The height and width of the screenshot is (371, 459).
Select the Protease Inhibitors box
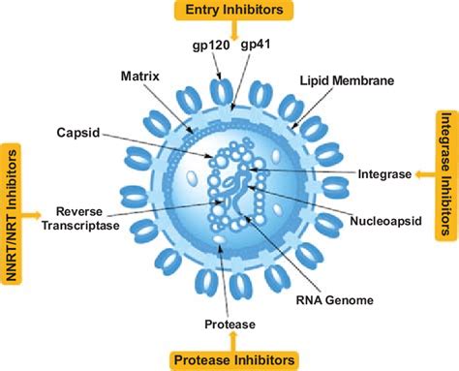[x=233, y=359]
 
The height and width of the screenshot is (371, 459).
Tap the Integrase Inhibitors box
[x=445, y=173]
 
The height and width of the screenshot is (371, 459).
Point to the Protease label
[x=229, y=323]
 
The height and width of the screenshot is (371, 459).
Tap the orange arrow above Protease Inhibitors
[x=232, y=341]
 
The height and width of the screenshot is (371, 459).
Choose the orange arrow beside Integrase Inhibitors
[x=423, y=174]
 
